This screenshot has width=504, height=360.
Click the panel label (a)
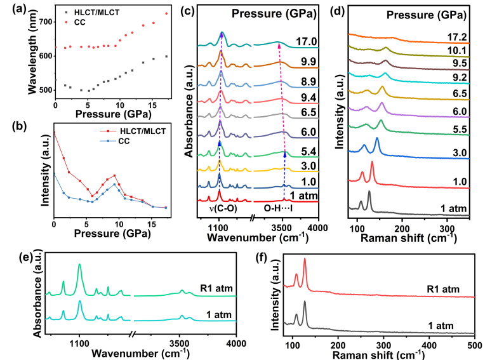click(x=11, y=8)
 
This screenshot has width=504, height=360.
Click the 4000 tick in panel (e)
click(x=236, y=343)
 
